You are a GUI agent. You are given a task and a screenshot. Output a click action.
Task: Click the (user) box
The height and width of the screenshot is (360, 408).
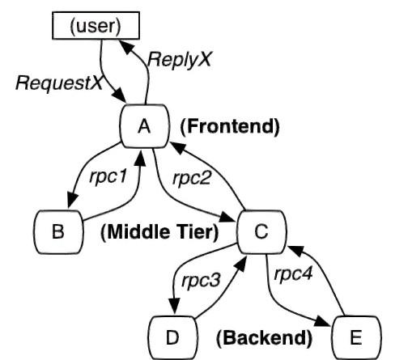tap(96, 26)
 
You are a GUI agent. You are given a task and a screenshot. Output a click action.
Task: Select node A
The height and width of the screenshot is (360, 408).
tap(145, 126)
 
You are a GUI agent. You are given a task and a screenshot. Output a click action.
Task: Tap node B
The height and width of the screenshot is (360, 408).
tap(58, 232)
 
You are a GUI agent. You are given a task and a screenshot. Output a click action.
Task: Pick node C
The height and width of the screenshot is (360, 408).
tap(261, 232)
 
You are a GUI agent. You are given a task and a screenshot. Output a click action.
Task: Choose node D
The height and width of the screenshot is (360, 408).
tap(172, 337)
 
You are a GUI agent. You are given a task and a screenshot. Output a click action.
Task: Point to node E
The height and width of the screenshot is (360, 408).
tap(356, 337)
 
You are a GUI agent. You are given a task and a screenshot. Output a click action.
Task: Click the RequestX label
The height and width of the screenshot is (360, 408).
tap(59, 83)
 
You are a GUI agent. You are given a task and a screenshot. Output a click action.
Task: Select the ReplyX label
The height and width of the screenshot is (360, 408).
tap(179, 60)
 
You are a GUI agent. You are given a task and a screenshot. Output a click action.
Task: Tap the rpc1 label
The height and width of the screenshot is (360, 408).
tap(108, 177)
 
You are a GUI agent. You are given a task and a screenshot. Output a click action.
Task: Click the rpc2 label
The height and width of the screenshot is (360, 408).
tap(191, 178)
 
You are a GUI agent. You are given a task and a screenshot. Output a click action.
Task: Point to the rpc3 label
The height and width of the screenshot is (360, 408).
tap(201, 281)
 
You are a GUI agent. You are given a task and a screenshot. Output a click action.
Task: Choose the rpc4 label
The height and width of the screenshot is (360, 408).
tap(293, 274)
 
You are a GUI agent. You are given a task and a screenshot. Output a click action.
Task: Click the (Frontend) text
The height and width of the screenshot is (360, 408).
tap(230, 126)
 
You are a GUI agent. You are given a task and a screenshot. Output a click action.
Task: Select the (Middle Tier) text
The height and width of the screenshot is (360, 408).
tap(159, 232)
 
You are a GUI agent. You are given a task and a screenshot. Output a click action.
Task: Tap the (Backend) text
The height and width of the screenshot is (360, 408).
tap(265, 337)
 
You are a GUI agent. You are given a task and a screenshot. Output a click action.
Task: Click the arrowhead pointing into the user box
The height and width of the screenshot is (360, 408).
tap(125, 46)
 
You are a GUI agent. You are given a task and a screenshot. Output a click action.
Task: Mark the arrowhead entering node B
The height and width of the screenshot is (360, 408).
tap(71, 201)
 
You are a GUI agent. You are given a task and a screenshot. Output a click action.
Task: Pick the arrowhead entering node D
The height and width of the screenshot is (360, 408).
tap(174, 307)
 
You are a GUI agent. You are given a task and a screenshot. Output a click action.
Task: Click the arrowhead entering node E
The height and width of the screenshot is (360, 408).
tap(322, 321)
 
